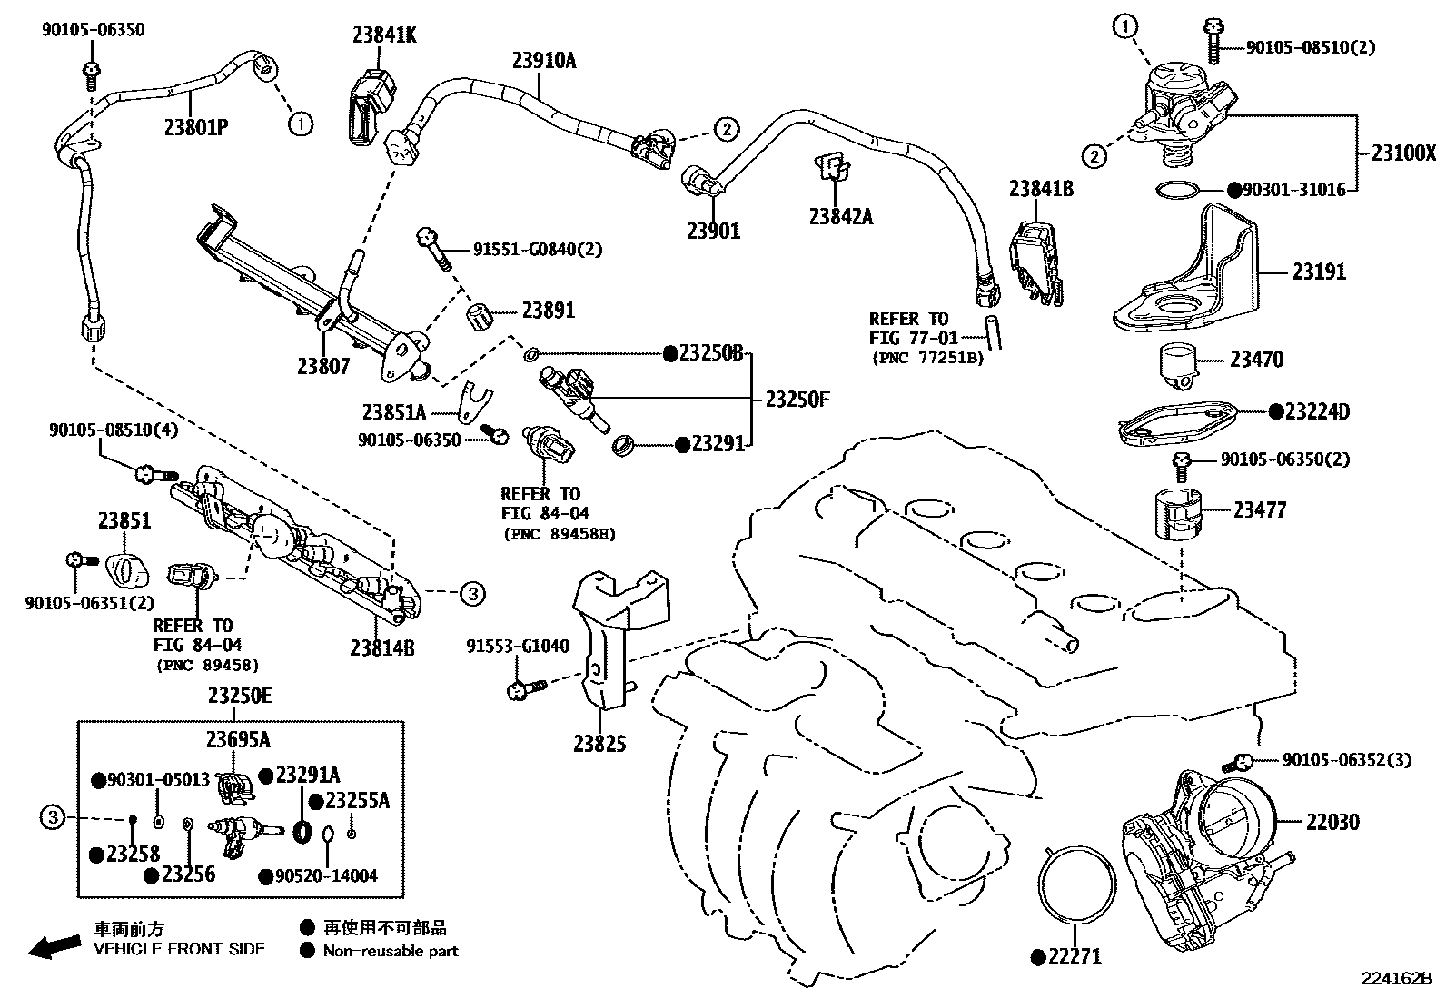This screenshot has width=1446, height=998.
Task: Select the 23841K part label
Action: tap(384, 35)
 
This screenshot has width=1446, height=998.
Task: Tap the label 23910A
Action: tap(544, 61)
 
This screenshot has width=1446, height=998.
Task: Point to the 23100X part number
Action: tap(1403, 153)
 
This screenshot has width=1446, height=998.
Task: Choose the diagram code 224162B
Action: tap(1395, 979)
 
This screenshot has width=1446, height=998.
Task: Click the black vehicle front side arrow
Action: tap(53, 946)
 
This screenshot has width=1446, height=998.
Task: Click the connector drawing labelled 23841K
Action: tap(371, 107)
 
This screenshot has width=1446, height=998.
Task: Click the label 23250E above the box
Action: tap(240, 696)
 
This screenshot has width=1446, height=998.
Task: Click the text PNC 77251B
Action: tap(927, 357)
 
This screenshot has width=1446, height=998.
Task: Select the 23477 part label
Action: tap(1259, 510)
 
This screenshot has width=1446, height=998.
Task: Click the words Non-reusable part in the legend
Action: tap(391, 951)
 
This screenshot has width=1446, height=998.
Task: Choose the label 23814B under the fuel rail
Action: tap(381, 647)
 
